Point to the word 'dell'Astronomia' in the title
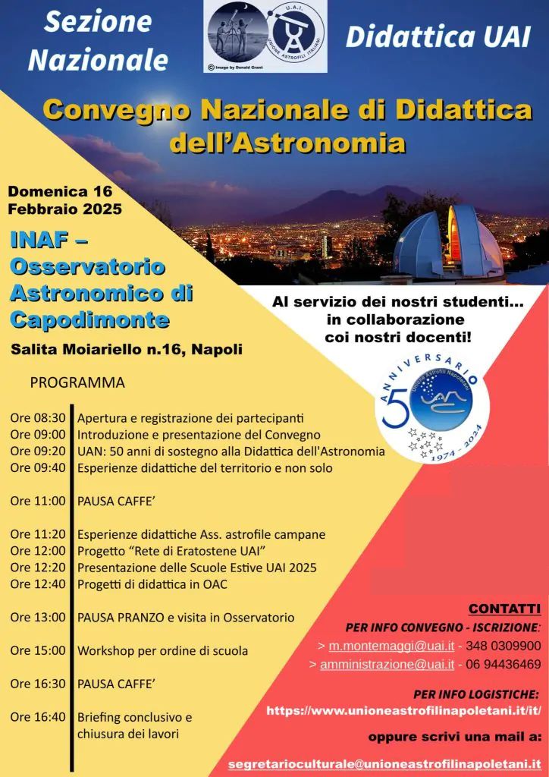287,142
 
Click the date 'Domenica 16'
61,190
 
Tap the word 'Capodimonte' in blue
89,319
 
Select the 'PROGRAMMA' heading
77,382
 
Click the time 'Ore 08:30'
38,417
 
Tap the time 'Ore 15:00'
38,650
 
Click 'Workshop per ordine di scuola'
162,650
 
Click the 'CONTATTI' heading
504,609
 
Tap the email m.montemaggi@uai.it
391,646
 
